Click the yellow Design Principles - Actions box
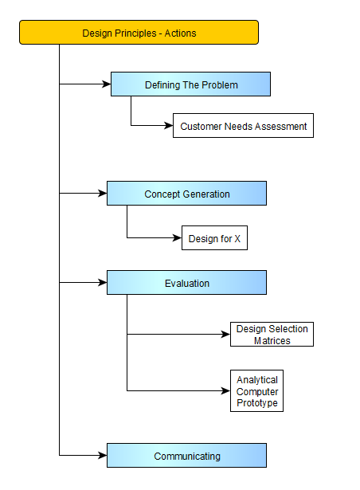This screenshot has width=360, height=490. pyautogui.click(x=139, y=33)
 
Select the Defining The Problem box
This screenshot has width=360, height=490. pyautogui.click(x=190, y=84)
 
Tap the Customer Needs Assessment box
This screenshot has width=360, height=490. pyautogui.click(x=243, y=126)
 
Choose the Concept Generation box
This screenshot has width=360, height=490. pyautogui.click(x=186, y=193)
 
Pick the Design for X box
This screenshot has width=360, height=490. pyautogui.click(x=214, y=237)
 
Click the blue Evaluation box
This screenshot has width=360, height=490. pyautogui.click(x=186, y=283)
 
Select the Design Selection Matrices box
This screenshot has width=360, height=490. pyautogui.click(x=272, y=334)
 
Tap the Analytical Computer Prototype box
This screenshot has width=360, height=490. pyautogui.click(x=257, y=390)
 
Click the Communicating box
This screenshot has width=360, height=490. pyautogui.click(x=186, y=455)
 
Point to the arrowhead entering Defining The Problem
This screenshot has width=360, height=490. pyautogui.click(x=107, y=84)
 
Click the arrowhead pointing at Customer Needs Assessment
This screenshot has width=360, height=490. pyautogui.click(x=168, y=126)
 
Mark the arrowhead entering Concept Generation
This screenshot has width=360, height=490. pyautogui.click(x=103, y=193)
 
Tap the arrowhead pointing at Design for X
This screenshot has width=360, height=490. pyautogui.click(x=177, y=237)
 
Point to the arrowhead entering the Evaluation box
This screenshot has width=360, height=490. pyautogui.click(x=103, y=283)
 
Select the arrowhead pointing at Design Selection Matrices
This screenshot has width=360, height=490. pyautogui.click(x=226, y=334)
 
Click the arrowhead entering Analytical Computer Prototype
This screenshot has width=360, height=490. pyautogui.click(x=226, y=390)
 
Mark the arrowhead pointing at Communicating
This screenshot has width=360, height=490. pyautogui.click(x=103, y=455)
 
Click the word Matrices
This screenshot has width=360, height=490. pyautogui.click(x=272, y=340)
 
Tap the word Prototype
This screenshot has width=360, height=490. pyautogui.click(x=257, y=403)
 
